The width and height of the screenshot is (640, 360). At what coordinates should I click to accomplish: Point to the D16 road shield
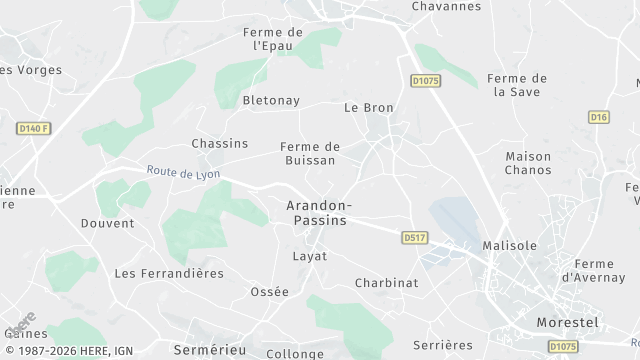[x=598, y=117]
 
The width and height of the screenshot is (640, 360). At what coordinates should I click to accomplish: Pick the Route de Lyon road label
[x=183, y=173]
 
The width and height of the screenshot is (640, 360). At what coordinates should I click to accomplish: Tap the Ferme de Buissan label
[x=310, y=153]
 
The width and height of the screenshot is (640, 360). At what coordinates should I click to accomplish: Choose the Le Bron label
[x=369, y=107]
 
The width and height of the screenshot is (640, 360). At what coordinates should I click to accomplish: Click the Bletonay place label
[x=272, y=100]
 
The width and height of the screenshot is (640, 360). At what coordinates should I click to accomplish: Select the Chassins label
[x=219, y=143]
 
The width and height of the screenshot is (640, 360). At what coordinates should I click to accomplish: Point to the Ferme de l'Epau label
[x=272, y=39]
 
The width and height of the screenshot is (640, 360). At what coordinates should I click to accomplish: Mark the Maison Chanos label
[x=528, y=163]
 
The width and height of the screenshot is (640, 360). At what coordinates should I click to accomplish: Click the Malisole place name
[x=509, y=245]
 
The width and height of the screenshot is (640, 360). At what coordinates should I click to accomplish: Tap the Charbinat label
[x=386, y=283]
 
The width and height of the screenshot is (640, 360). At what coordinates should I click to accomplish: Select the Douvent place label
[x=107, y=223]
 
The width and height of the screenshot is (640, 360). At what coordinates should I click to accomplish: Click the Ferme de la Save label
[x=516, y=85]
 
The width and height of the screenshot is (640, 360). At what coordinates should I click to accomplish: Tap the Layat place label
[x=310, y=256]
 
